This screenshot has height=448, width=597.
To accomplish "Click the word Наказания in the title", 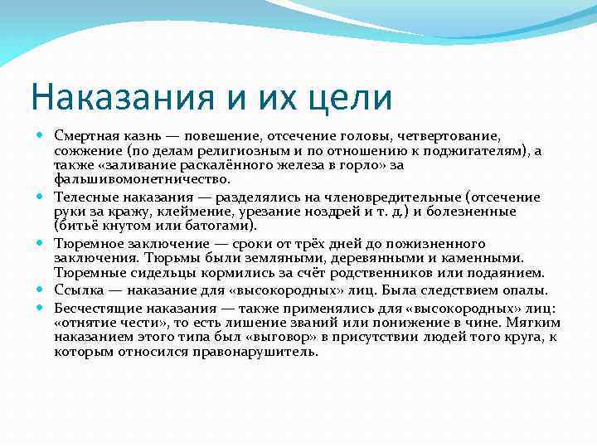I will (x=111, y=97).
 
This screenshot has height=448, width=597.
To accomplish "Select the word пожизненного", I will (x=439, y=244).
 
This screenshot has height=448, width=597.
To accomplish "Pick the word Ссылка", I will (x=76, y=290).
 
